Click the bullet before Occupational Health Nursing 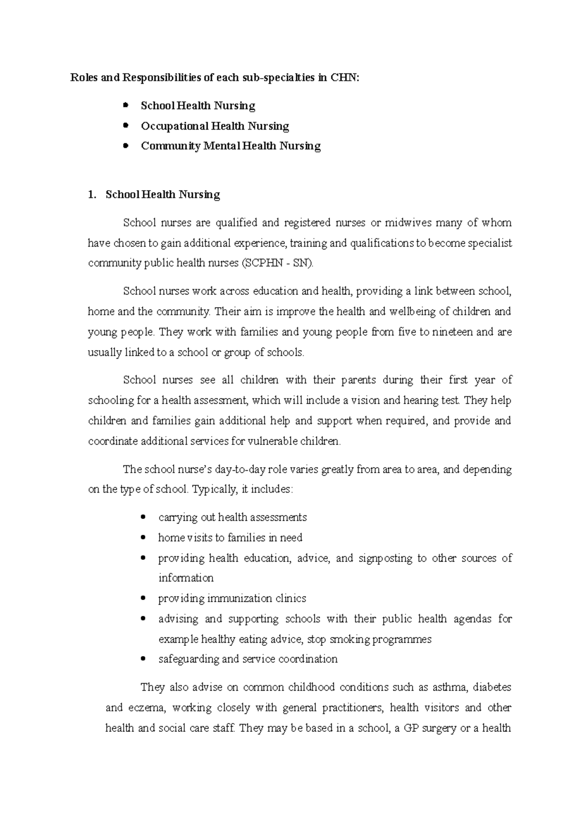(x=126, y=125)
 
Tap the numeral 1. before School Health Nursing (x=92, y=195)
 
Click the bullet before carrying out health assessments (x=143, y=517)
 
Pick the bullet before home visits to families (x=143, y=537)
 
